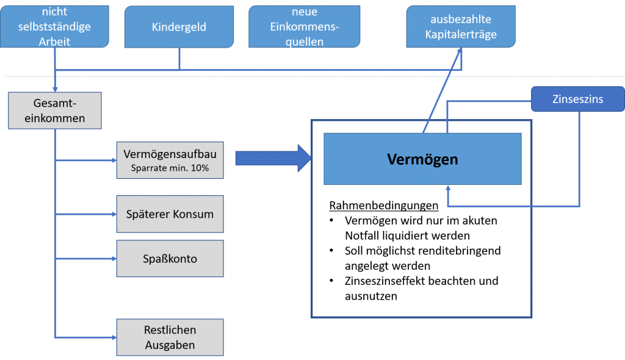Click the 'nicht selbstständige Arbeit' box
tap(56, 27)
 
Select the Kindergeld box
tap(179, 27)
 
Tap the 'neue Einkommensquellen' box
tap(303, 27)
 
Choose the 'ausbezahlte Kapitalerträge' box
tap(461, 27)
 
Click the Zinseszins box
tap(577, 99)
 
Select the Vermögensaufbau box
tap(170, 160)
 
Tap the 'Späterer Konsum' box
tap(170, 214)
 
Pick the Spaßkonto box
tap(170, 259)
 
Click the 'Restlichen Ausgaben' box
tap(170, 337)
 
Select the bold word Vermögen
tap(422, 159)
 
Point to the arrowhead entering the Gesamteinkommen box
tap(56, 89)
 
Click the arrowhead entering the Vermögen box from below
tap(448, 189)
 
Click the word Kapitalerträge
tap(461, 34)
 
